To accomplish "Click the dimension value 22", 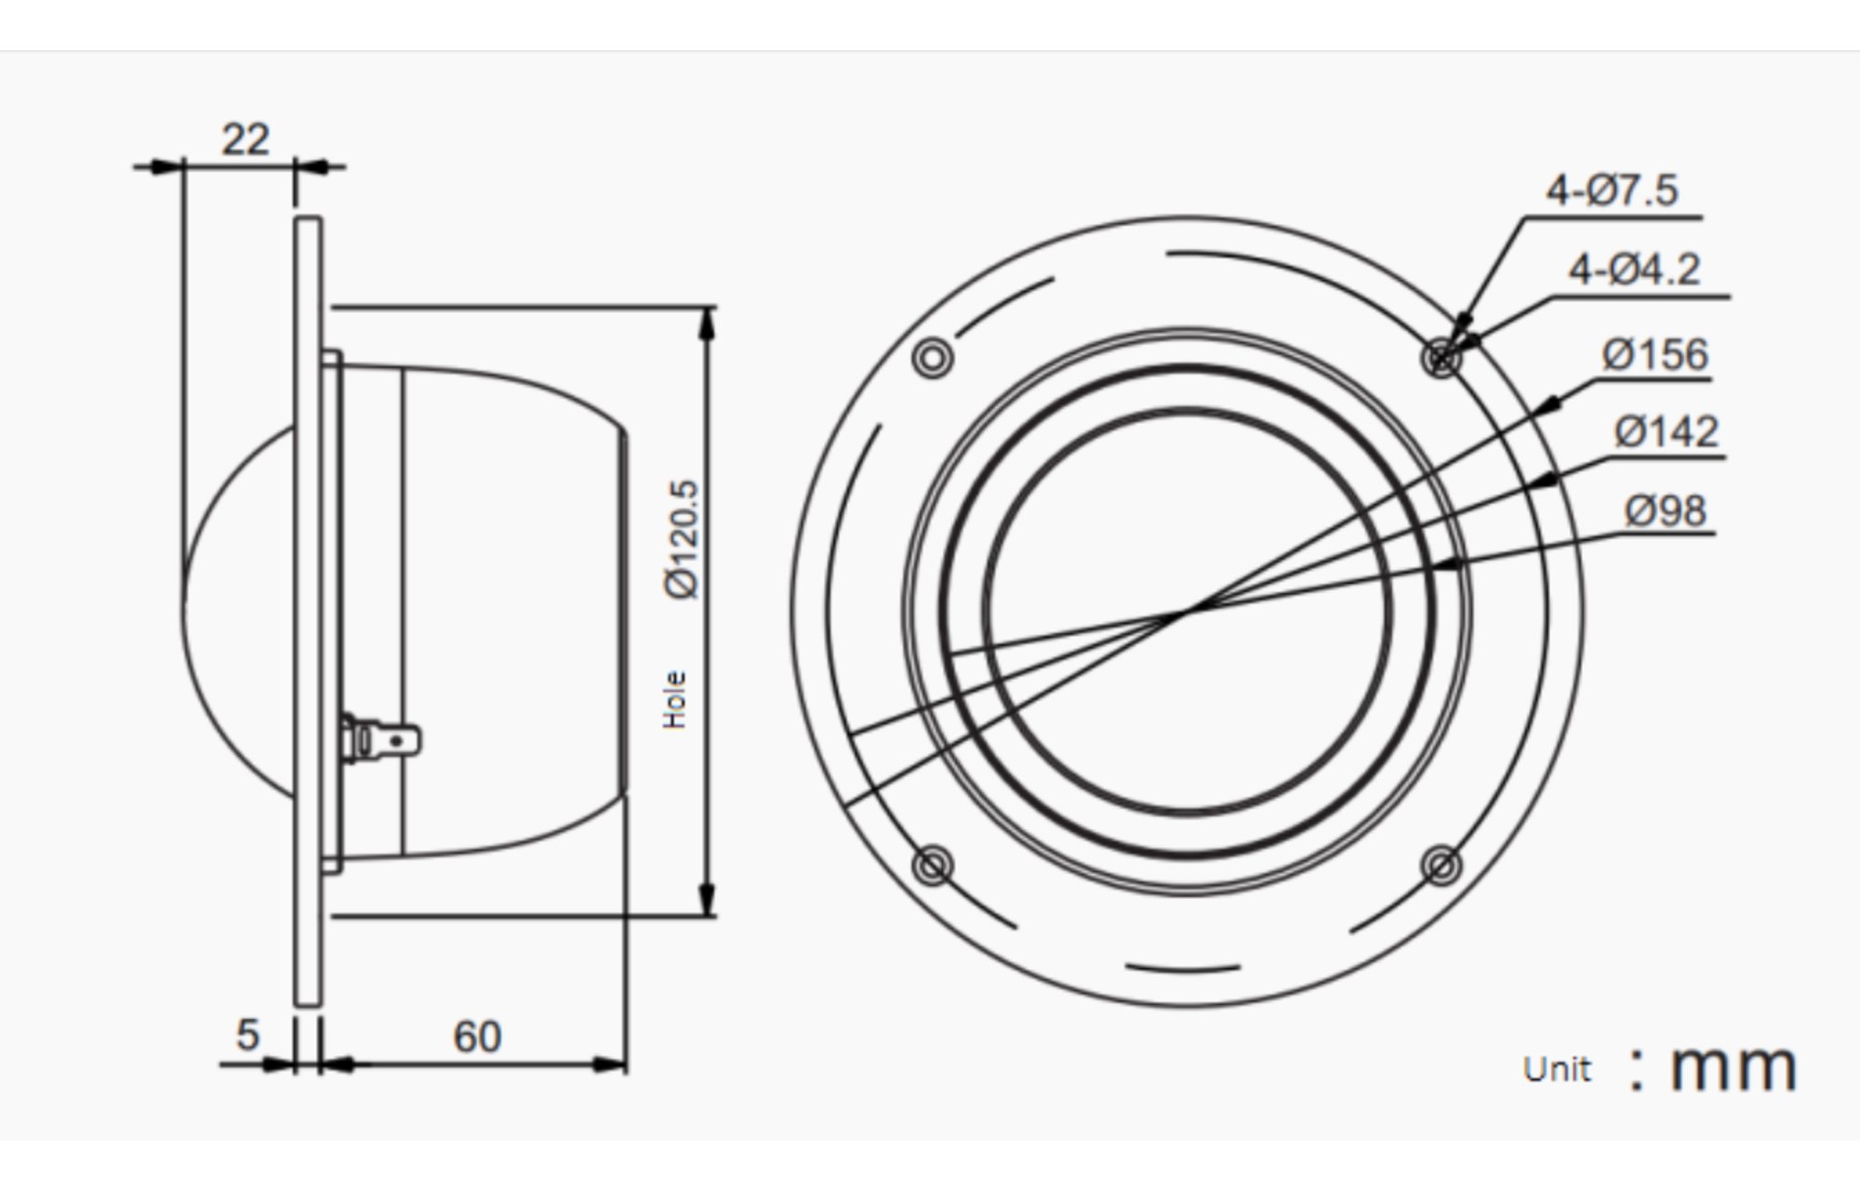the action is pyautogui.click(x=246, y=139).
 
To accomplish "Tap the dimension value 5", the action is pyautogui.click(x=246, y=1035).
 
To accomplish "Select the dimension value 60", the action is pyautogui.click(x=477, y=1037).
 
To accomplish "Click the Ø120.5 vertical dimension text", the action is pyautogui.click(x=682, y=539).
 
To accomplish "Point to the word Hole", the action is pyautogui.click(x=675, y=700).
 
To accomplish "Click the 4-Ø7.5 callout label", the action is pyautogui.click(x=1612, y=191).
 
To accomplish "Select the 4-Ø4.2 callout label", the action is pyautogui.click(x=1634, y=270).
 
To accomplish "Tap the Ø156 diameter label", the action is pyautogui.click(x=1655, y=354).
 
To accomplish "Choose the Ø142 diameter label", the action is pyautogui.click(x=1666, y=432).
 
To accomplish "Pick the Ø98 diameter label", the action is pyautogui.click(x=1665, y=511).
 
